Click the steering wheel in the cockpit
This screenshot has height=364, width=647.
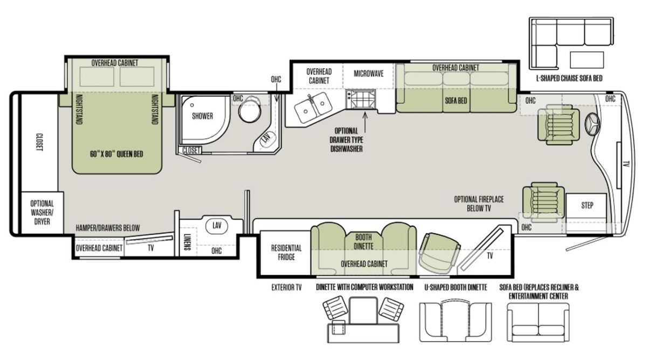tap(592, 124)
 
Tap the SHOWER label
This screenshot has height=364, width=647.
tap(203, 116)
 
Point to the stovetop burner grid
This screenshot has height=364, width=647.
tap(361, 99)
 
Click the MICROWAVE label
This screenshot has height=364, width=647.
tap(369, 74)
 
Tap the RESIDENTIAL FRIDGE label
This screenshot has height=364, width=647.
tap(286, 252)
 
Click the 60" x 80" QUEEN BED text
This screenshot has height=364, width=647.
tap(116, 154)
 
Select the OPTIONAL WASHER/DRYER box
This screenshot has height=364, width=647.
tap(42, 212)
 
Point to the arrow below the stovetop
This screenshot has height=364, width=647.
tap(365, 119)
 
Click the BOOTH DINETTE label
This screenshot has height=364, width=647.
tap(363, 242)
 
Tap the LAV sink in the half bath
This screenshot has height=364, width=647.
tap(217, 225)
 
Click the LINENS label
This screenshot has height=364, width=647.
tap(187, 242)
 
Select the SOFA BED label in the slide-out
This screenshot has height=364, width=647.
tap(456, 100)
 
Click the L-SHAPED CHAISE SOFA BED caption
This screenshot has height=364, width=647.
tap(569, 78)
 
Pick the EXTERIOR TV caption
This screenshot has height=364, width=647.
tap(286, 287)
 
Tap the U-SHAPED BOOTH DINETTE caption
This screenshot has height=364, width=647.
tap(456, 287)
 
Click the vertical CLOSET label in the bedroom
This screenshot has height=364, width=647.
tap(39, 142)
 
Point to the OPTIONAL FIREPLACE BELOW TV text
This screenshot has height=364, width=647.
tap(479, 204)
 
